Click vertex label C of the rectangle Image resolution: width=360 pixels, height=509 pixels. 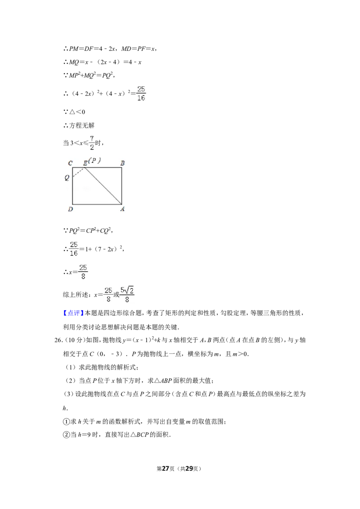point(70,163)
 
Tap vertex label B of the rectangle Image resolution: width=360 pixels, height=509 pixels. point(122,163)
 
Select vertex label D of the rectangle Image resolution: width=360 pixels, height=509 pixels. point(71,209)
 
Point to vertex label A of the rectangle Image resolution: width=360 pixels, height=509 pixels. point(122,209)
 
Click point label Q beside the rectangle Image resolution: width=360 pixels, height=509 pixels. point(67,178)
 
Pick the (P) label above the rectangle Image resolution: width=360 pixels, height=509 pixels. point(94,161)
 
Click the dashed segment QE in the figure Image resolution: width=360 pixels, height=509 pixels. point(79,172)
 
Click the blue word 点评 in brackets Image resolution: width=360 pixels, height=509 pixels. point(73,313)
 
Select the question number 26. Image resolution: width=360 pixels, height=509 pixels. point(58,340)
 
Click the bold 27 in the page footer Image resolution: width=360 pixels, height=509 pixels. point(166,469)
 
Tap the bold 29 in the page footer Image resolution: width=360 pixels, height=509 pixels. point(189,469)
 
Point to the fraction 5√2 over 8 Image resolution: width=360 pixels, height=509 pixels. point(127,295)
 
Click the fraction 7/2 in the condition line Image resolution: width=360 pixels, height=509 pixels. point(92,143)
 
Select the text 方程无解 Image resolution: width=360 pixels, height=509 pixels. point(81,125)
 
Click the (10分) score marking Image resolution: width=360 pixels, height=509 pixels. point(76,340)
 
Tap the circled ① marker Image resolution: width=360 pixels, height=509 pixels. point(66,422)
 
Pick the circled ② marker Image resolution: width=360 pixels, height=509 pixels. point(66,435)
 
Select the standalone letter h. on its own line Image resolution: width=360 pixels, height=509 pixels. point(65,408)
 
